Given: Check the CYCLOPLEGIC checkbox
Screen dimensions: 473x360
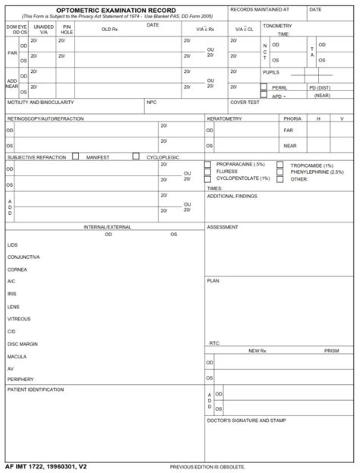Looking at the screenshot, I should point(137,156).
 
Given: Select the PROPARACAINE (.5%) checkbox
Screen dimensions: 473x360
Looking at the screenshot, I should point(208,164).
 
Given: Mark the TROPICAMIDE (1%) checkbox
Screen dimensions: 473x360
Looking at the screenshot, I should point(280,164).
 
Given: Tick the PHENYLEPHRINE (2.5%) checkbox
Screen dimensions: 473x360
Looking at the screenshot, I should point(280,172).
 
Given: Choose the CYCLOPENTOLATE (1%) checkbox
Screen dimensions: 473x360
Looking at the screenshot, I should point(208,178).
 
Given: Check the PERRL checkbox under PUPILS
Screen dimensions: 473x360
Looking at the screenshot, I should point(264,87).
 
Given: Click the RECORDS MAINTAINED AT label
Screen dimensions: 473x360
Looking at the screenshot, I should point(259,10).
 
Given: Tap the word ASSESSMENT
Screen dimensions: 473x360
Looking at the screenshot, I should point(223,226).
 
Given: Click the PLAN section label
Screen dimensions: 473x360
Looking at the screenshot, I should point(213,280).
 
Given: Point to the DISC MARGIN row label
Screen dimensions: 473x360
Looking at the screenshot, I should point(22,344).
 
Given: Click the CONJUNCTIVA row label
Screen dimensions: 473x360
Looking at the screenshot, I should point(24,257).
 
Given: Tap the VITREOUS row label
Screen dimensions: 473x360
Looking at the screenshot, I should point(19,319).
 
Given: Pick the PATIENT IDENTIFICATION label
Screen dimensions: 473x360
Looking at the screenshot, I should point(35,389).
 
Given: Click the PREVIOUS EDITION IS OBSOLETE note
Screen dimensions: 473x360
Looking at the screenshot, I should point(207,467).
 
